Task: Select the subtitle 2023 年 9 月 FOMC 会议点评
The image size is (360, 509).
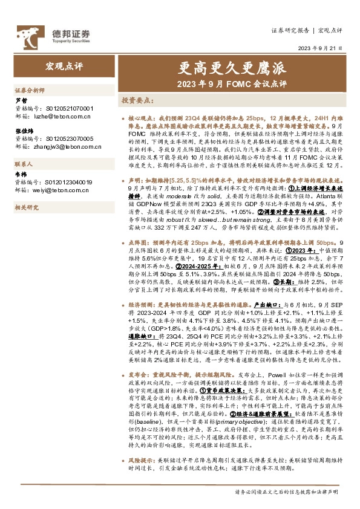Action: coord(232,83)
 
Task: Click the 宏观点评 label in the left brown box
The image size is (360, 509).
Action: coord(62,64)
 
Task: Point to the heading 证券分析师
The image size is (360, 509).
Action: coord(30,89)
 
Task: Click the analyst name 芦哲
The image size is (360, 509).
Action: coord(21,100)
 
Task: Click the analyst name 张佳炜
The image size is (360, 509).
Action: coord(24,130)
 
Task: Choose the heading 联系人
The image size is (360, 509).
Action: coord(24,164)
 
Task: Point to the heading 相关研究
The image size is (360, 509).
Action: coord(27,207)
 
